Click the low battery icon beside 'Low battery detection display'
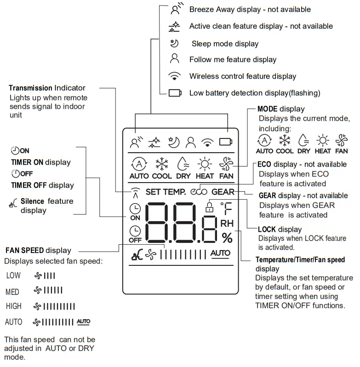pyautogui.click(x=175, y=93)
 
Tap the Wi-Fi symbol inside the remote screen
pyautogui.click(x=207, y=142)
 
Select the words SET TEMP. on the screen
pyautogui.click(x=166, y=192)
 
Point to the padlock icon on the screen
pyautogui.click(x=210, y=207)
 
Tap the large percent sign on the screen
pyautogui.click(x=227, y=238)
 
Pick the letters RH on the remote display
pyautogui.click(x=227, y=224)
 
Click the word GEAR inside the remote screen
pyautogui.click(x=223, y=192)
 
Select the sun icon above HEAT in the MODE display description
pyautogui.click(x=322, y=140)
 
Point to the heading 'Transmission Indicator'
pyautogui.click(x=47, y=88)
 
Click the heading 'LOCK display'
pyautogui.click(x=280, y=229)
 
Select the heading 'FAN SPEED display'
pyautogui.click(x=38, y=251)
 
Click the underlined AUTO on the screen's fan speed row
pyautogui.click(x=220, y=253)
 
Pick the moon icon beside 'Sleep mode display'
pyautogui.click(x=174, y=44)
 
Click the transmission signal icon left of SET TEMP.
pyautogui.click(x=134, y=192)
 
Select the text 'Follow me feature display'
pyautogui.click(x=233, y=60)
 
